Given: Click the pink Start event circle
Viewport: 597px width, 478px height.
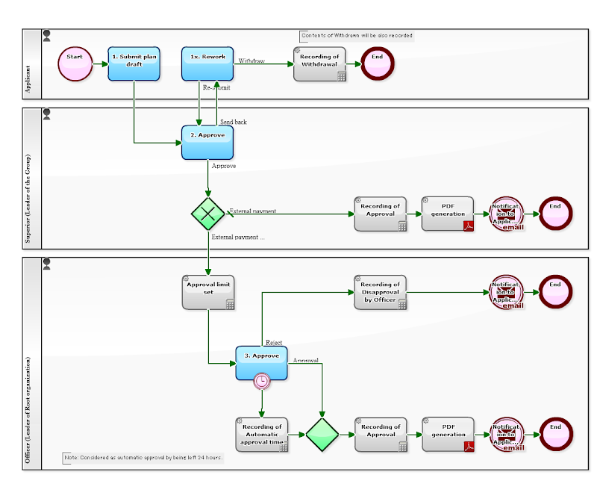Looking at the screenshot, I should point(74,63).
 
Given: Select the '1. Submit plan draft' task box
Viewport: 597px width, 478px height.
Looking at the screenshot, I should point(134,63).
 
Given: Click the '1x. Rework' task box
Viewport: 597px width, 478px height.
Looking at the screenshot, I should point(207,63).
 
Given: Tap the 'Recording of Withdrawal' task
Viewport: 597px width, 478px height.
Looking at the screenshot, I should point(319,63).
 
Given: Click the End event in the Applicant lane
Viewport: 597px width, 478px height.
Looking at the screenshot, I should point(377,63).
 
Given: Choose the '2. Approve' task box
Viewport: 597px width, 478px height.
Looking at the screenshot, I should point(207,142).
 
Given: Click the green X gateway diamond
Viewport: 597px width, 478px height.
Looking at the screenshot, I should point(207,214).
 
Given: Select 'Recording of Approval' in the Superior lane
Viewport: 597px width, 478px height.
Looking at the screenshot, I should point(381,214).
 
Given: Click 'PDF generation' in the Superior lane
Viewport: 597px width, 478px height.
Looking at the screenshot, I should point(448,214).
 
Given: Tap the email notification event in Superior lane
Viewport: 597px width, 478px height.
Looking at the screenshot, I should point(507,214).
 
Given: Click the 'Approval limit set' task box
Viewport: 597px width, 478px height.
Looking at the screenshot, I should point(209,292).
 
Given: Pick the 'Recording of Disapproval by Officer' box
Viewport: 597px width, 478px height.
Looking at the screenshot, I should point(381,292).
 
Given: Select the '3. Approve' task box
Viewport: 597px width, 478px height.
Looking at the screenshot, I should point(261,363).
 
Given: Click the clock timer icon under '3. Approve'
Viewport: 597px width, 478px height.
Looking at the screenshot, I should point(262,381).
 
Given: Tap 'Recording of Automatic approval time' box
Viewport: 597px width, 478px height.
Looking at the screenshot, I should point(262,435).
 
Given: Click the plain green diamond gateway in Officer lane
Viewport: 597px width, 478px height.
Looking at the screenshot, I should point(322,435).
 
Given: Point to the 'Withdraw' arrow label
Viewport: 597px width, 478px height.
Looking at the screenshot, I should point(251,61).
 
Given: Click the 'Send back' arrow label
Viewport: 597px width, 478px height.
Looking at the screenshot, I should point(233,122).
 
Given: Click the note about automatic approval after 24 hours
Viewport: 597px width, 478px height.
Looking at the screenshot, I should point(143,457).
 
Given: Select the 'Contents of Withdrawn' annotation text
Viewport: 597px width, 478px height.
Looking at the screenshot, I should point(357,36).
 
